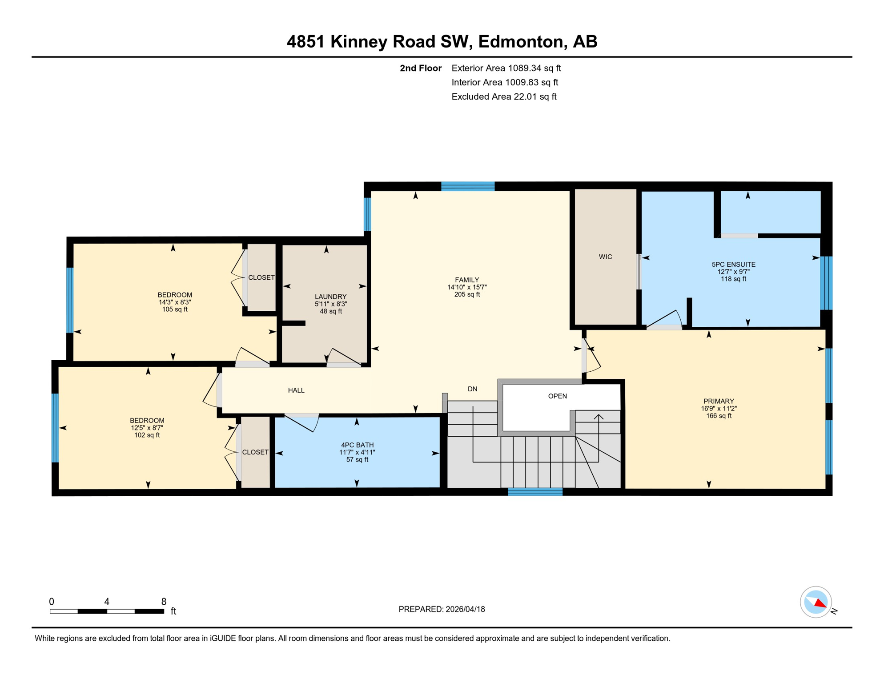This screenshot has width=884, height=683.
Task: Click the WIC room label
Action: (605, 257)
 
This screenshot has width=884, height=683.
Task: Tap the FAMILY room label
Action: (466, 280)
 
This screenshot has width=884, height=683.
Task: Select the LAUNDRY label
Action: (330, 297)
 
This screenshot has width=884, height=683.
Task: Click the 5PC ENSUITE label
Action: (733, 265)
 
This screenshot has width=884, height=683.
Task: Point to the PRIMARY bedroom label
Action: (718, 401)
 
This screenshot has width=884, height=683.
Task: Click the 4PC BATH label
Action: (357, 445)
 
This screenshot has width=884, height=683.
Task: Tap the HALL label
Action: (296, 390)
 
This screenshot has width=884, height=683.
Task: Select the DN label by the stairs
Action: (472, 389)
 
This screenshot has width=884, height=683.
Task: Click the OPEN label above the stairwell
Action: (557, 396)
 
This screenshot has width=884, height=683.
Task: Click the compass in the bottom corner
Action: (816, 602)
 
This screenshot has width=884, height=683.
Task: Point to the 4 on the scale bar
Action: (107, 602)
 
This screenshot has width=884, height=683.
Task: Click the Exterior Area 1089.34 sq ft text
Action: (506, 68)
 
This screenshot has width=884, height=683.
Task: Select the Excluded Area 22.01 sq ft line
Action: (504, 96)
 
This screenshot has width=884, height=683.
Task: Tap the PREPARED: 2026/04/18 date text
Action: (442, 609)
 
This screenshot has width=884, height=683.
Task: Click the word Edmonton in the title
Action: (521, 41)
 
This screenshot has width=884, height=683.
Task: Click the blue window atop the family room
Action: (468, 186)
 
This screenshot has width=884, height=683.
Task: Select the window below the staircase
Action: (535, 491)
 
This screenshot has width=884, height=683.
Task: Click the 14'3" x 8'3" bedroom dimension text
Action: (175, 302)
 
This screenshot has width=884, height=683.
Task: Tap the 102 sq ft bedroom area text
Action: (147, 435)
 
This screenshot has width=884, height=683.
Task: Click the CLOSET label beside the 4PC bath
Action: (255, 452)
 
